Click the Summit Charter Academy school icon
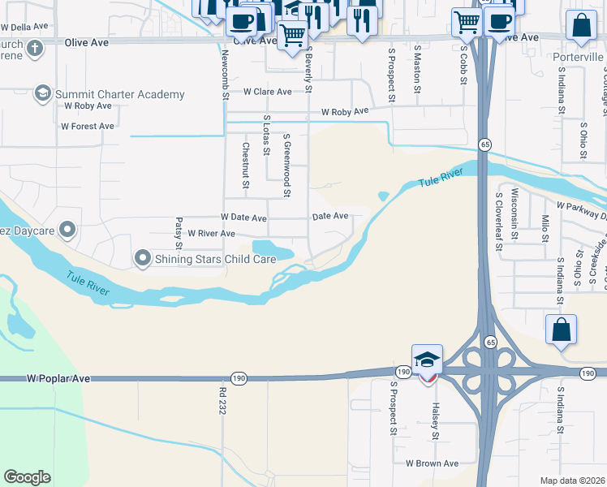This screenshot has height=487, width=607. pos(42,94)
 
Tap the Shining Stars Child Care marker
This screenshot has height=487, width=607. pos(144,259)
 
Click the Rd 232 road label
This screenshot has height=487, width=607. pos(222,401)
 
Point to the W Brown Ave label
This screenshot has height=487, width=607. pos(433,463)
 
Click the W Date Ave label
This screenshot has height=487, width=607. pos(243,218)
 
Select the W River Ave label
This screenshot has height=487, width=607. pos(211,234)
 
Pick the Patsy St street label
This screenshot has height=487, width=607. pos(179,233)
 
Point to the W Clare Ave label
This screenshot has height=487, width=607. pos(267,92)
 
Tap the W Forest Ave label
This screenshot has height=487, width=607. pos(88,127)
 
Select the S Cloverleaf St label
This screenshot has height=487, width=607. pos(498,226)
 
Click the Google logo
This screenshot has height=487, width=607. pos(28,477)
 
